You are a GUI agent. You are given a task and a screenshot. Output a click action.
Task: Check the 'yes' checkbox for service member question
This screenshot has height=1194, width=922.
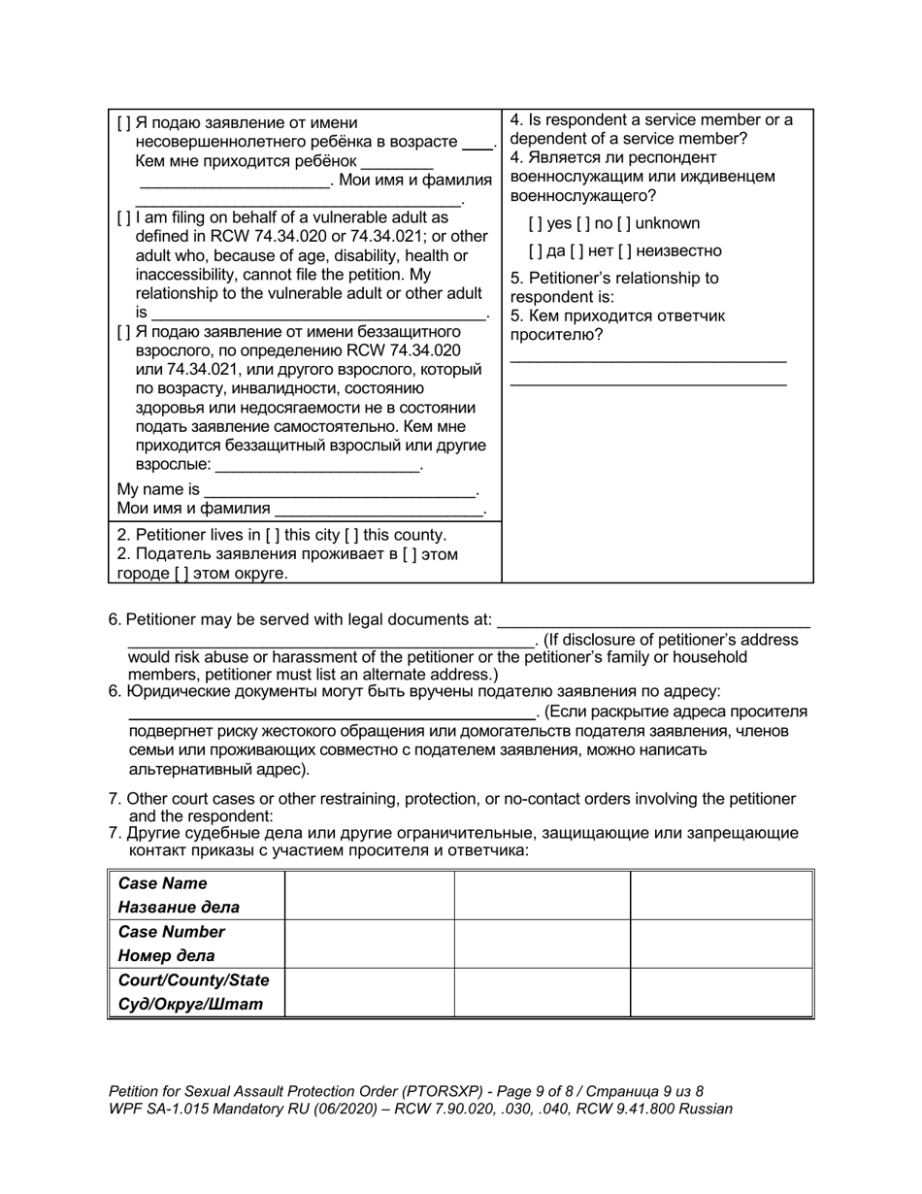tap(535, 223)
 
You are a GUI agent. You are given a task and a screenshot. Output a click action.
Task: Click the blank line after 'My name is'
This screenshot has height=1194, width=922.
tap(340, 490)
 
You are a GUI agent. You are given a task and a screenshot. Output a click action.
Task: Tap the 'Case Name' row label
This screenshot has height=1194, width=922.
tap(162, 884)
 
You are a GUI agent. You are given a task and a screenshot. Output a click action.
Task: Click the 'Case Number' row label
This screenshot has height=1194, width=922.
tap(171, 932)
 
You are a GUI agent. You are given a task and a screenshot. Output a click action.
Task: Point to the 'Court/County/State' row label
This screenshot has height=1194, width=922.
tap(193, 980)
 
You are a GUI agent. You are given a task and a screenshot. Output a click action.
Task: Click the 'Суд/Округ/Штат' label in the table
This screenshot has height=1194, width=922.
tap(190, 1004)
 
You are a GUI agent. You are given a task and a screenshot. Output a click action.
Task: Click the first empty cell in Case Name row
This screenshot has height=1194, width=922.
tap(369, 895)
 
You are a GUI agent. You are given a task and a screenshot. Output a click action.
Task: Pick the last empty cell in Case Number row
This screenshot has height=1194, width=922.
tap(721, 943)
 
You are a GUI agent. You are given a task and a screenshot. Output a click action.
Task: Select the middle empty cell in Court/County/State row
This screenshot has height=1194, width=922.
tap(542, 991)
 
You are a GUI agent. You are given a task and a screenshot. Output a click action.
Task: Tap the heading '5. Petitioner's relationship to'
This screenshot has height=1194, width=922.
tap(614, 279)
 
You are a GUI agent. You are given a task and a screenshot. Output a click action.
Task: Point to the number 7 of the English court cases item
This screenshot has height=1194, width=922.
tap(114, 799)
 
